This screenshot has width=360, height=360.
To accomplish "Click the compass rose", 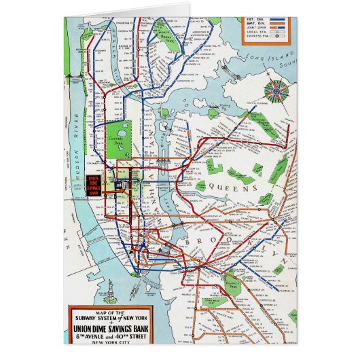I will point(277,92).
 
